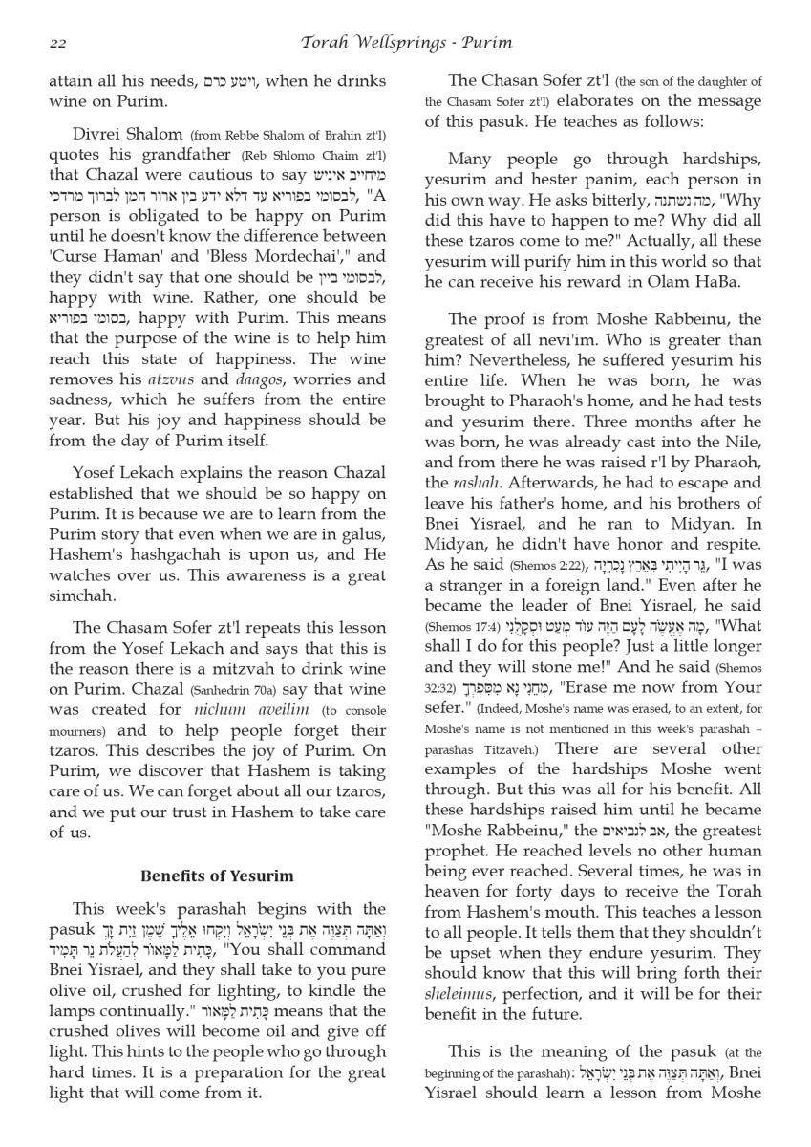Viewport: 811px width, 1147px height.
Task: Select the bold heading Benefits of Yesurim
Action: (x=218, y=876)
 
